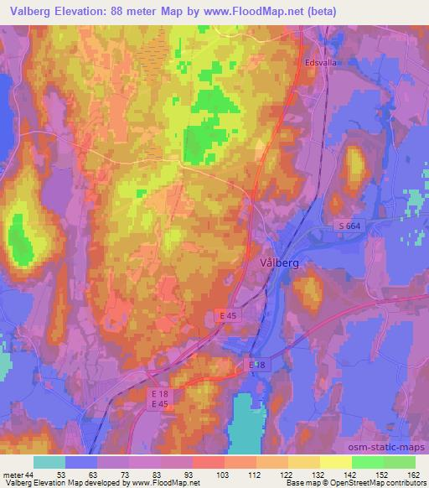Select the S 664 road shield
click(352, 226)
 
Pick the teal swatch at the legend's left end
click(49, 463)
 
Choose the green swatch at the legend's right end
click(400, 463)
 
